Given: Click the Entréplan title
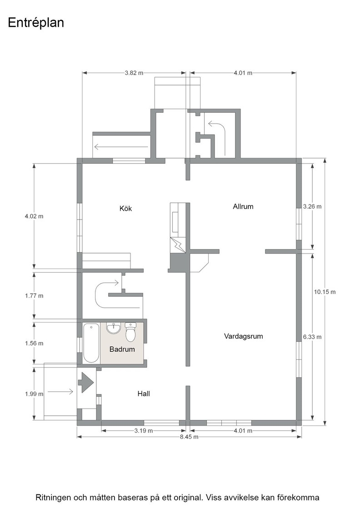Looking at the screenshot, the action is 36,23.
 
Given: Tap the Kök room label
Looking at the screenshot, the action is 125,209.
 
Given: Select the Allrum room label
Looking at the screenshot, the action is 243,206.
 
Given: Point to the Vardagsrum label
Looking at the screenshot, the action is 244,336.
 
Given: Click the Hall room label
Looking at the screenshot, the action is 144,394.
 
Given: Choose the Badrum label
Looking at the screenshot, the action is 122,349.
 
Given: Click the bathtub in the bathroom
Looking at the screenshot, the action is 91,343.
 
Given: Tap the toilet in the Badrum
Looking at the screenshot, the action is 130,332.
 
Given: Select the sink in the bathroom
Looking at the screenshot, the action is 114,328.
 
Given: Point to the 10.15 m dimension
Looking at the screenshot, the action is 325,292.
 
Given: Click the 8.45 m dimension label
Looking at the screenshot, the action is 189,437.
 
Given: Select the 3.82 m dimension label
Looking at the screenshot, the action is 134,73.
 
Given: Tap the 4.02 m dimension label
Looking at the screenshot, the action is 34,216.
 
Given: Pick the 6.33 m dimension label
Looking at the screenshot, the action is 312,337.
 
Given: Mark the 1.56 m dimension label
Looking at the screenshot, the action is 34,344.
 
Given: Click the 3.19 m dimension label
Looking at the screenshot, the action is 144,431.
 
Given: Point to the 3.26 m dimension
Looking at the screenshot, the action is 312,206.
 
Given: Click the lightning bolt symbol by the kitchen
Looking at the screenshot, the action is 178,245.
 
